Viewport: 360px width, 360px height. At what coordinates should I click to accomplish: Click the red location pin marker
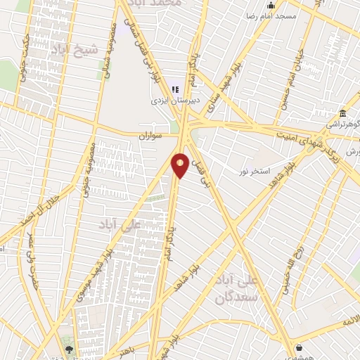[180, 166]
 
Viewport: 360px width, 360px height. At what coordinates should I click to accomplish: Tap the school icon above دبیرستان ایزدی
[176, 89]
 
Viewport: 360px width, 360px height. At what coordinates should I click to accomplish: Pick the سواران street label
[150, 133]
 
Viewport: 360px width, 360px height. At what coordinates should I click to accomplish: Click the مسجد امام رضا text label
[268, 15]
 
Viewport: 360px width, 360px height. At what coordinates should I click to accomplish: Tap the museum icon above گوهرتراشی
[342, 114]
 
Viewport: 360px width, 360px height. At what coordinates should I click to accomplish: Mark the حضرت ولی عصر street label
[32, 264]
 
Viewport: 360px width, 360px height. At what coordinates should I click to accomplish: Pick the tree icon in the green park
[69, 347]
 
